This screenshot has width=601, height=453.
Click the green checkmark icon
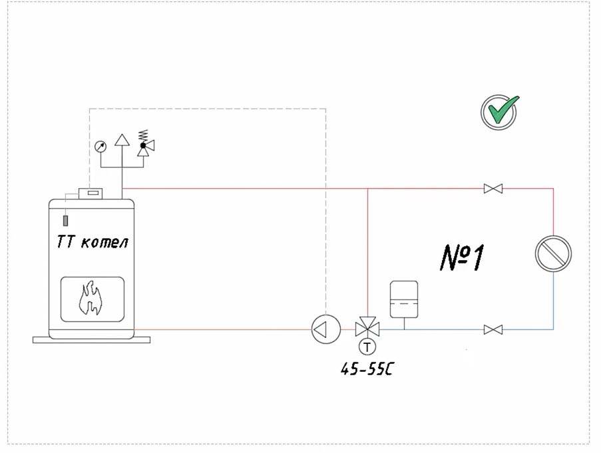point(499,111)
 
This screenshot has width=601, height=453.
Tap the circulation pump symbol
point(326,329)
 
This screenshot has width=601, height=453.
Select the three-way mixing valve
point(367,329)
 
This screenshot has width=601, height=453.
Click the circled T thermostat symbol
point(367,346)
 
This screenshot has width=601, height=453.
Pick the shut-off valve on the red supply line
point(493,189)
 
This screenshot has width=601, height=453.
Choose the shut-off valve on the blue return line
point(493,329)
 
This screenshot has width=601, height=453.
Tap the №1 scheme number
point(462,257)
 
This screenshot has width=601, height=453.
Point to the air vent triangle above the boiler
point(121,140)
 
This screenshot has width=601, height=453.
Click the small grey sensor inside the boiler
point(66,220)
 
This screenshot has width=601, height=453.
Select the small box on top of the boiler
point(90,194)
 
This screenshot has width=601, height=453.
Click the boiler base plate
point(92,339)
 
